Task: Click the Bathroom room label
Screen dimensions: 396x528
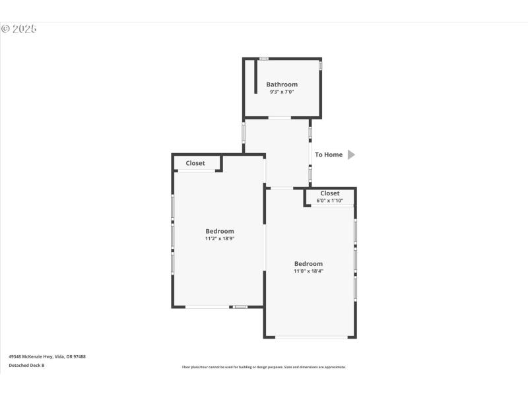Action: tap(282, 84)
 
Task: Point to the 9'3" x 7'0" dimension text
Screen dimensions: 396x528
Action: tap(282, 92)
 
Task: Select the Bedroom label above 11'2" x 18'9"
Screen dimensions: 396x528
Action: tap(220, 231)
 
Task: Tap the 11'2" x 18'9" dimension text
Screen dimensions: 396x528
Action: tap(220, 238)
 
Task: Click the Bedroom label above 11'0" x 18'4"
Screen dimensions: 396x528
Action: tap(308, 263)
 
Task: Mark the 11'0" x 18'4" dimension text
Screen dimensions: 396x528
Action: tap(308, 271)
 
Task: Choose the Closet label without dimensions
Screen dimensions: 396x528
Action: tap(195, 163)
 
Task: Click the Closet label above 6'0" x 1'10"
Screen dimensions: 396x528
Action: tap(330, 193)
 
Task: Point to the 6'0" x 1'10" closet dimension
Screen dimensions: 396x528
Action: tap(330, 200)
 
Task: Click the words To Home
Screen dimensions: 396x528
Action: tap(329, 154)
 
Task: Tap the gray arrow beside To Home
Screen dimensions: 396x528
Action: tap(351, 154)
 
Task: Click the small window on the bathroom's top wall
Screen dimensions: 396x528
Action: tap(263, 59)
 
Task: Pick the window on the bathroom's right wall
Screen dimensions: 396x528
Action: tap(321, 66)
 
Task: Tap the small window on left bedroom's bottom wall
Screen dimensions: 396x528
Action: tap(240, 306)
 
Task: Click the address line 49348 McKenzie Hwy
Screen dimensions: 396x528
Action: tap(47, 356)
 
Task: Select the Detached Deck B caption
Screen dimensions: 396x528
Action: tap(26, 365)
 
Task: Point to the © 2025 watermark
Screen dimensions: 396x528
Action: tap(18, 29)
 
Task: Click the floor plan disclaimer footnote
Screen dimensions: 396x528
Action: tap(264, 367)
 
